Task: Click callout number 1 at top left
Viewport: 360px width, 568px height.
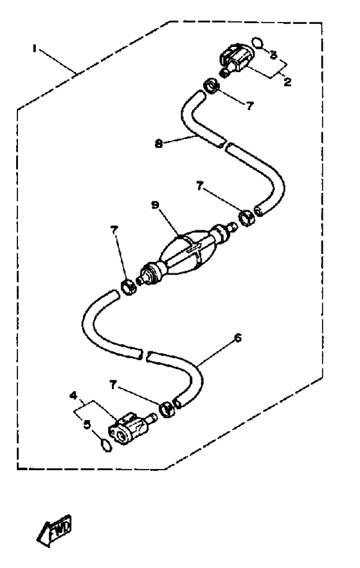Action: [x=35, y=48]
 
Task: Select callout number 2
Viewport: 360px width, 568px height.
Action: [x=287, y=82]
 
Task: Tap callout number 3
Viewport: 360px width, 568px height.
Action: [x=273, y=55]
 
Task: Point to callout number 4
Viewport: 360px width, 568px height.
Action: [x=73, y=396]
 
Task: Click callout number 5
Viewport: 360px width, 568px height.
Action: [x=87, y=424]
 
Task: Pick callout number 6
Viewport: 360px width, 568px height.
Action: [x=238, y=338]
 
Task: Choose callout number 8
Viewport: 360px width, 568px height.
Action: [x=158, y=144]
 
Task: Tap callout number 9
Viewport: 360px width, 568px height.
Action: [x=155, y=205]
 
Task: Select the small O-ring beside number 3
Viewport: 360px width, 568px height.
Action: [x=258, y=42]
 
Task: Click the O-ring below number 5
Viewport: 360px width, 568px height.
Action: [x=105, y=445]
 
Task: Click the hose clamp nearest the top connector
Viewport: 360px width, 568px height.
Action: [x=211, y=86]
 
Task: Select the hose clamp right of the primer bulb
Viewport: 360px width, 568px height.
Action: [x=247, y=218]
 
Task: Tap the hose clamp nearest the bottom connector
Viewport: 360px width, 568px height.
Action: [x=167, y=409]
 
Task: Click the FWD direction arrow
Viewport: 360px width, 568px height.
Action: [x=55, y=529]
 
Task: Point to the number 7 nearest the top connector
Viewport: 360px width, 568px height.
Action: [x=249, y=105]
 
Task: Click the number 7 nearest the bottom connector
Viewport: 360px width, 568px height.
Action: [x=113, y=385]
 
